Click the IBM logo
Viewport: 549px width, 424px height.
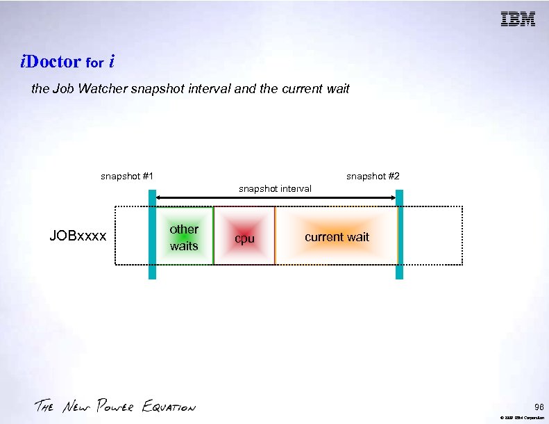[518, 19]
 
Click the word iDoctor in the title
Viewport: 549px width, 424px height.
[51, 62]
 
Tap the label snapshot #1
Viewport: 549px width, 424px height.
[127, 176]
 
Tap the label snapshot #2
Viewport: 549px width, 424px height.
[373, 176]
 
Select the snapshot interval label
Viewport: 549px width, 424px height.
[275, 188]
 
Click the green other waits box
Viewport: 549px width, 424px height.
[184, 236]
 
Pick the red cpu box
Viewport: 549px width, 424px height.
[244, 236]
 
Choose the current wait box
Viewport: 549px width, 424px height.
[337, 236]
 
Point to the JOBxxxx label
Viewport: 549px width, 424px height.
[78, 236]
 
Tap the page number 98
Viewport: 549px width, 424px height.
[539, 407]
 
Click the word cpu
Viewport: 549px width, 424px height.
[244, 238]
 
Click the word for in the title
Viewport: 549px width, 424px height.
[94, 63]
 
